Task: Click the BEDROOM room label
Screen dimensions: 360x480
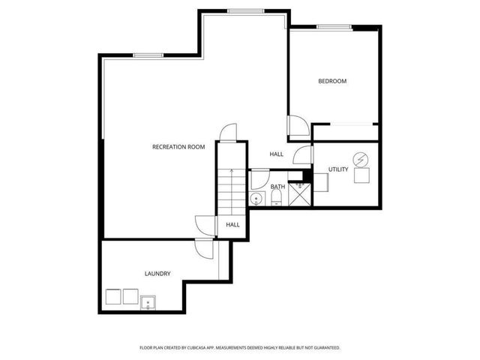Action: click(x=332, y=81)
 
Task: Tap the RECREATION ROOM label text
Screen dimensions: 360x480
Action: click(x=178, y=147)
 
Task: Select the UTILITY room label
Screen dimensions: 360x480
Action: click(x=338, y=169)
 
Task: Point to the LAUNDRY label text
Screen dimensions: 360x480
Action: click(x=157, y=274)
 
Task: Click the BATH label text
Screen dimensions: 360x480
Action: click(x=277, y=187)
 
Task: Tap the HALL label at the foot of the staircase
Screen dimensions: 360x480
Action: click(x=232, y=224)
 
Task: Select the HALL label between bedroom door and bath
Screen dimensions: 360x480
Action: click(x=277, y=154)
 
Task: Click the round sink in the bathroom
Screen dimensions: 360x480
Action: click(x=256, y=199)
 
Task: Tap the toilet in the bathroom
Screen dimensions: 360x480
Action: click(x=276, y=198)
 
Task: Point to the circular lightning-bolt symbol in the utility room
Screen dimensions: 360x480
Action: click(x=361, y=159)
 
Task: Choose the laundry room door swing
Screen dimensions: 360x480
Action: click(x=203, y=250)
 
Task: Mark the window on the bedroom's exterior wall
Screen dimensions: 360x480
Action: click(x=334, y=28)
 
